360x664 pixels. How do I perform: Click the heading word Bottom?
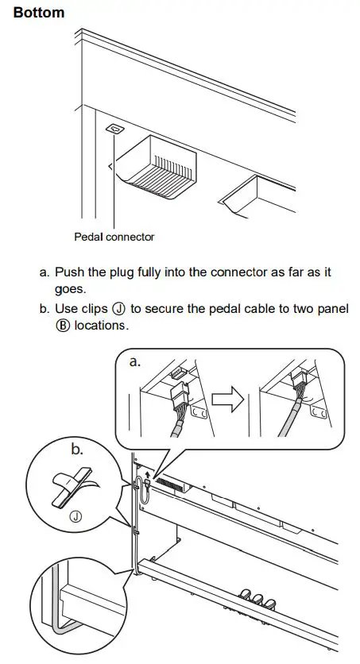tap(39, 14)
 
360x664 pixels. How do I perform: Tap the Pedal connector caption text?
tap(114, 237)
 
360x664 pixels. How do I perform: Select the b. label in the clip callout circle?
tap(77, 450)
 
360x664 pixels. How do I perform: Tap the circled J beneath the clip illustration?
tap(76, 515)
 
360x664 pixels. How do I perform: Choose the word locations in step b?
tap(102, 326)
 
